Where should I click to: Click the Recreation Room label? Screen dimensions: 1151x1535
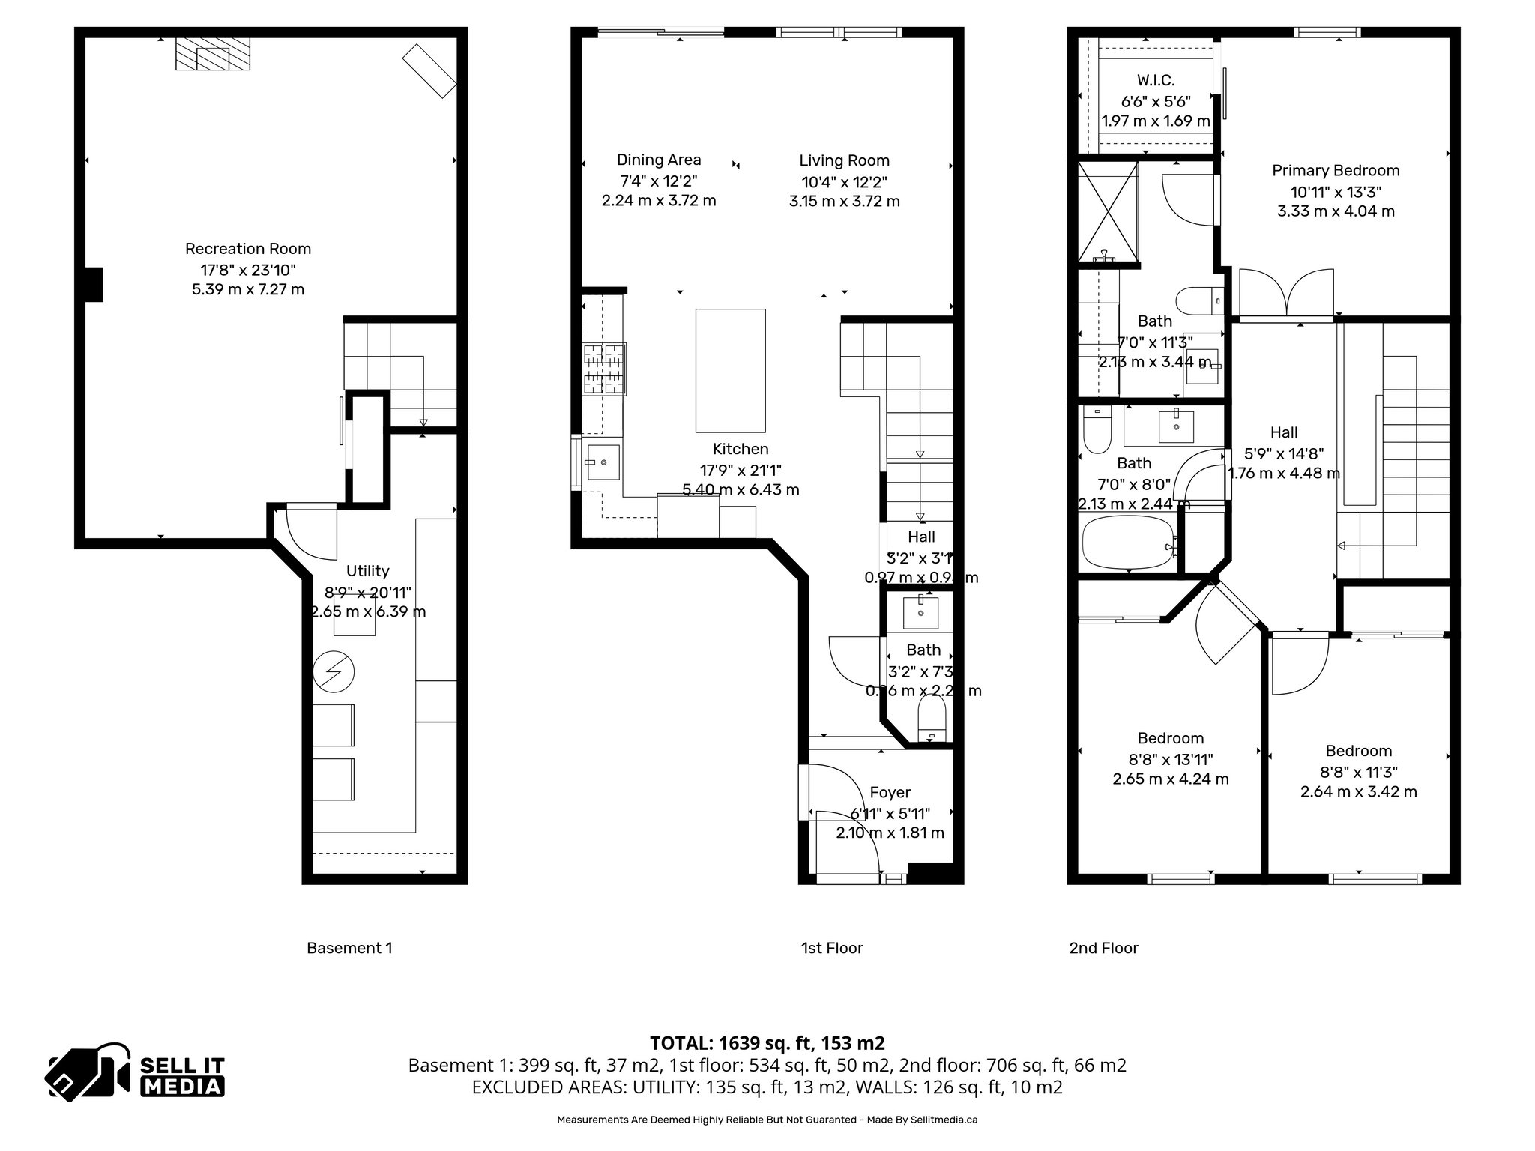pos(248,249)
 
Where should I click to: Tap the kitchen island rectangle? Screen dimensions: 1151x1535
pos(730,370)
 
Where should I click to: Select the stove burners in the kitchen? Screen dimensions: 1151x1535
pos(605,368)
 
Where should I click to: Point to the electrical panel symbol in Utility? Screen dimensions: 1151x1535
pos(334,672)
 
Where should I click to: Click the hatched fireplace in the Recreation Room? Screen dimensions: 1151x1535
pos(213,55)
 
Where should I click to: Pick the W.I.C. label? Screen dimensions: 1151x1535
pos(1155,80)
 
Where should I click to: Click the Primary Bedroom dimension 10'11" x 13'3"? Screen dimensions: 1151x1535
pos(1336,192)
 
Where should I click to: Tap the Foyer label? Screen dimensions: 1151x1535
pos(890,792)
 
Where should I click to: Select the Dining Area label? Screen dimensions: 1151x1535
pos(659,160)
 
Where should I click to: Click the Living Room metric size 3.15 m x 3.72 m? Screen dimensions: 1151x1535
pos(844,202)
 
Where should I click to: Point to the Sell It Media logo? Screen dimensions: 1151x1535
pos(136,1072)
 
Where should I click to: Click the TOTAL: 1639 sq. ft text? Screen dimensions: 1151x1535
pos(766,1043)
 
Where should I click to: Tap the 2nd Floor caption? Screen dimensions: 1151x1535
pos(1103,948)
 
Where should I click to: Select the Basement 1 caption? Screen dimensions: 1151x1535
pos(349,948)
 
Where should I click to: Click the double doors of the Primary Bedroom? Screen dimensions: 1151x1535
pos(1287,294)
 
